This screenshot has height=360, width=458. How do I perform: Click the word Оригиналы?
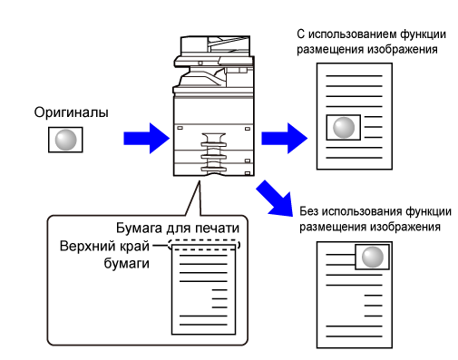point(71,112)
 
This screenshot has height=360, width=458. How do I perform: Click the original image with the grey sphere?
point(65,140)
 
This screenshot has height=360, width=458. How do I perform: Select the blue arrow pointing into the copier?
point(146,139)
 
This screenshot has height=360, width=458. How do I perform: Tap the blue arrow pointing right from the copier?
point(284,139)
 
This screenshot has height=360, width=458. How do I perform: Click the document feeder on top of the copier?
point(215,45)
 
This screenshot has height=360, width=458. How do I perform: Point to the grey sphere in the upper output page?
point(344,128)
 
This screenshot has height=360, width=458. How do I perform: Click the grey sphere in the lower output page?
point(373,257)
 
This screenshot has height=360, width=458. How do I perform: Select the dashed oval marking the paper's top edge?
point(204,245)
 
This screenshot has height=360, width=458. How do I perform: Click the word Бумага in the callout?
point(139,229)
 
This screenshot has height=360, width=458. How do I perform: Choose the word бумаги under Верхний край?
point(127,264)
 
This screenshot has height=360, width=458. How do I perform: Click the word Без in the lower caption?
point(308,211)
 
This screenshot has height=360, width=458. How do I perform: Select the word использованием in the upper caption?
point(352,34)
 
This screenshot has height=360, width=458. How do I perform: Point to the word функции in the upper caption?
point(424,34)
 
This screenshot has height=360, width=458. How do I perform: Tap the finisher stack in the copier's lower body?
point(214,153)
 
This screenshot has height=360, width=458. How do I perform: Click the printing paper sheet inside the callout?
point(203,289)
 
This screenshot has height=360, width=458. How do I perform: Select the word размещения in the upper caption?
point(330,50)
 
